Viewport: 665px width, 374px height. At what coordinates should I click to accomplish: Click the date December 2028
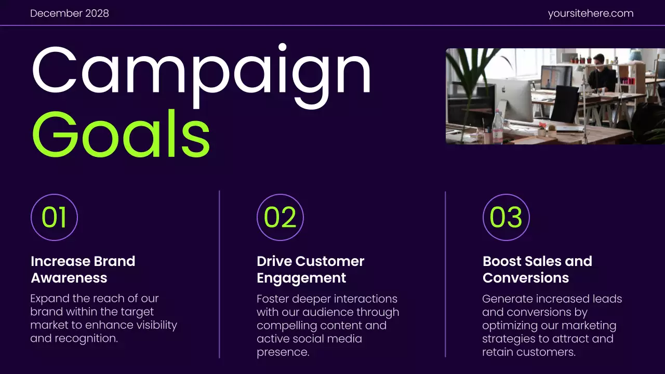[70, 14]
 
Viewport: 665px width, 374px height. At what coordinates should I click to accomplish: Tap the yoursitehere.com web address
[591, 14]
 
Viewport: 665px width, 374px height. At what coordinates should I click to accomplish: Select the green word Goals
[121, 133]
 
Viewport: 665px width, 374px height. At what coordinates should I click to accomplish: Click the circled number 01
[54, 217]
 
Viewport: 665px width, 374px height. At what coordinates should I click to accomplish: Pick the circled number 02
[280, 217]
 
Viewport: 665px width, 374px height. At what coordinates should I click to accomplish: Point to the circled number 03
[506, 217]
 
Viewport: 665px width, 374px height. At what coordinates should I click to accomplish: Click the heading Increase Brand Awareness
[83, 269]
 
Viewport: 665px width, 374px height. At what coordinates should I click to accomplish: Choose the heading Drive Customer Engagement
[311, 269]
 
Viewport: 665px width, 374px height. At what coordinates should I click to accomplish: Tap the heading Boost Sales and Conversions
[537, 269]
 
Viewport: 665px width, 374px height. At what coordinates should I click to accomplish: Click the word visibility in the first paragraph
[155, 325]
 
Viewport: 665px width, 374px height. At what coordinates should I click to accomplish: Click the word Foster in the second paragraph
[272, 299]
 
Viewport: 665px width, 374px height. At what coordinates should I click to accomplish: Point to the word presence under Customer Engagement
[283, 352]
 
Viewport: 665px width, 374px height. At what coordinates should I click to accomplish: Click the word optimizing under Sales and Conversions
[511, 326]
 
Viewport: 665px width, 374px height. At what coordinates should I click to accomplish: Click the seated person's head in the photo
[599, 59]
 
